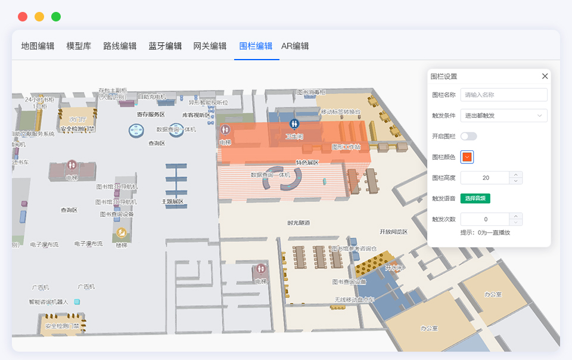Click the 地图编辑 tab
38,46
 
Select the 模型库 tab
79,46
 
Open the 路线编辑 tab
120,46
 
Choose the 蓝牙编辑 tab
165,46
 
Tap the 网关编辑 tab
210,46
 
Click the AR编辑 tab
295,46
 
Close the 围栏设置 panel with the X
545,76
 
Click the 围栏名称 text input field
503,95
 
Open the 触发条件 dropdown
503,116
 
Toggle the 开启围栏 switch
468,136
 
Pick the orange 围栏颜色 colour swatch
467,157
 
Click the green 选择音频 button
475,198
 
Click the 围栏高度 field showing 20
486,178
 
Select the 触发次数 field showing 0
486,219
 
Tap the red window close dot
23,17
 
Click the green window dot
56,17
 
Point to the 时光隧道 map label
299,223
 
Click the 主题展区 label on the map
172,201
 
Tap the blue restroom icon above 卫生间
294,124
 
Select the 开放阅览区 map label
393,231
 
